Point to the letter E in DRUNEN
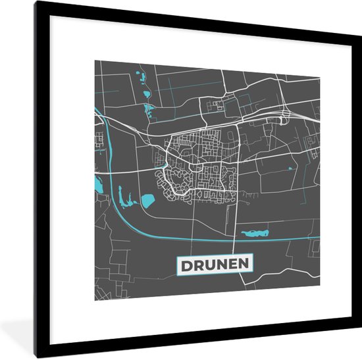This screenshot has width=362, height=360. coord(236,265)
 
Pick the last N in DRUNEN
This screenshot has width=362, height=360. coord(247,265)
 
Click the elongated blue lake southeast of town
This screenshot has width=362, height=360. coord(255,232)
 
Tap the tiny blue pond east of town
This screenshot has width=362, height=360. coord(289,168)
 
